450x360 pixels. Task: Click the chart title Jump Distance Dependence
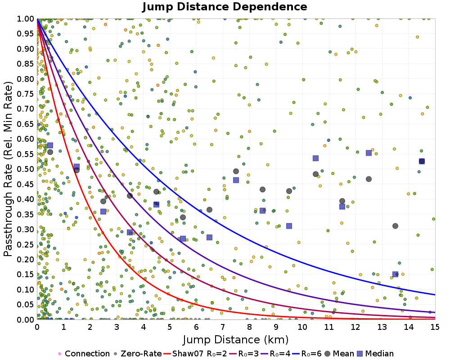coord(225,7)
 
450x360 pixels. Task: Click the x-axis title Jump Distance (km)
coord(235,339)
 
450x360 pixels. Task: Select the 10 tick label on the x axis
coord(302,327)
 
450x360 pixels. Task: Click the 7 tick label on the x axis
coord(223,327)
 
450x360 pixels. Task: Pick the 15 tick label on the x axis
coord(434,327)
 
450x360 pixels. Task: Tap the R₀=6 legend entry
coord(306,354)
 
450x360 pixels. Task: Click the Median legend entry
coord(377,354)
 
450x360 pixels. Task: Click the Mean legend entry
coord(343,354)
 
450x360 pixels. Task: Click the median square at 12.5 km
coord(369,153)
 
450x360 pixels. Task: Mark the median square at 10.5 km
coord(315,158)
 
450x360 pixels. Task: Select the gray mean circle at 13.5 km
coord(395,226)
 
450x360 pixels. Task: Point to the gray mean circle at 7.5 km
coord(236,171)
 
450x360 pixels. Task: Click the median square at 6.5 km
coord(209,237)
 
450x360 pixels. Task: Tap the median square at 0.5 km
coord(50,145)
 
